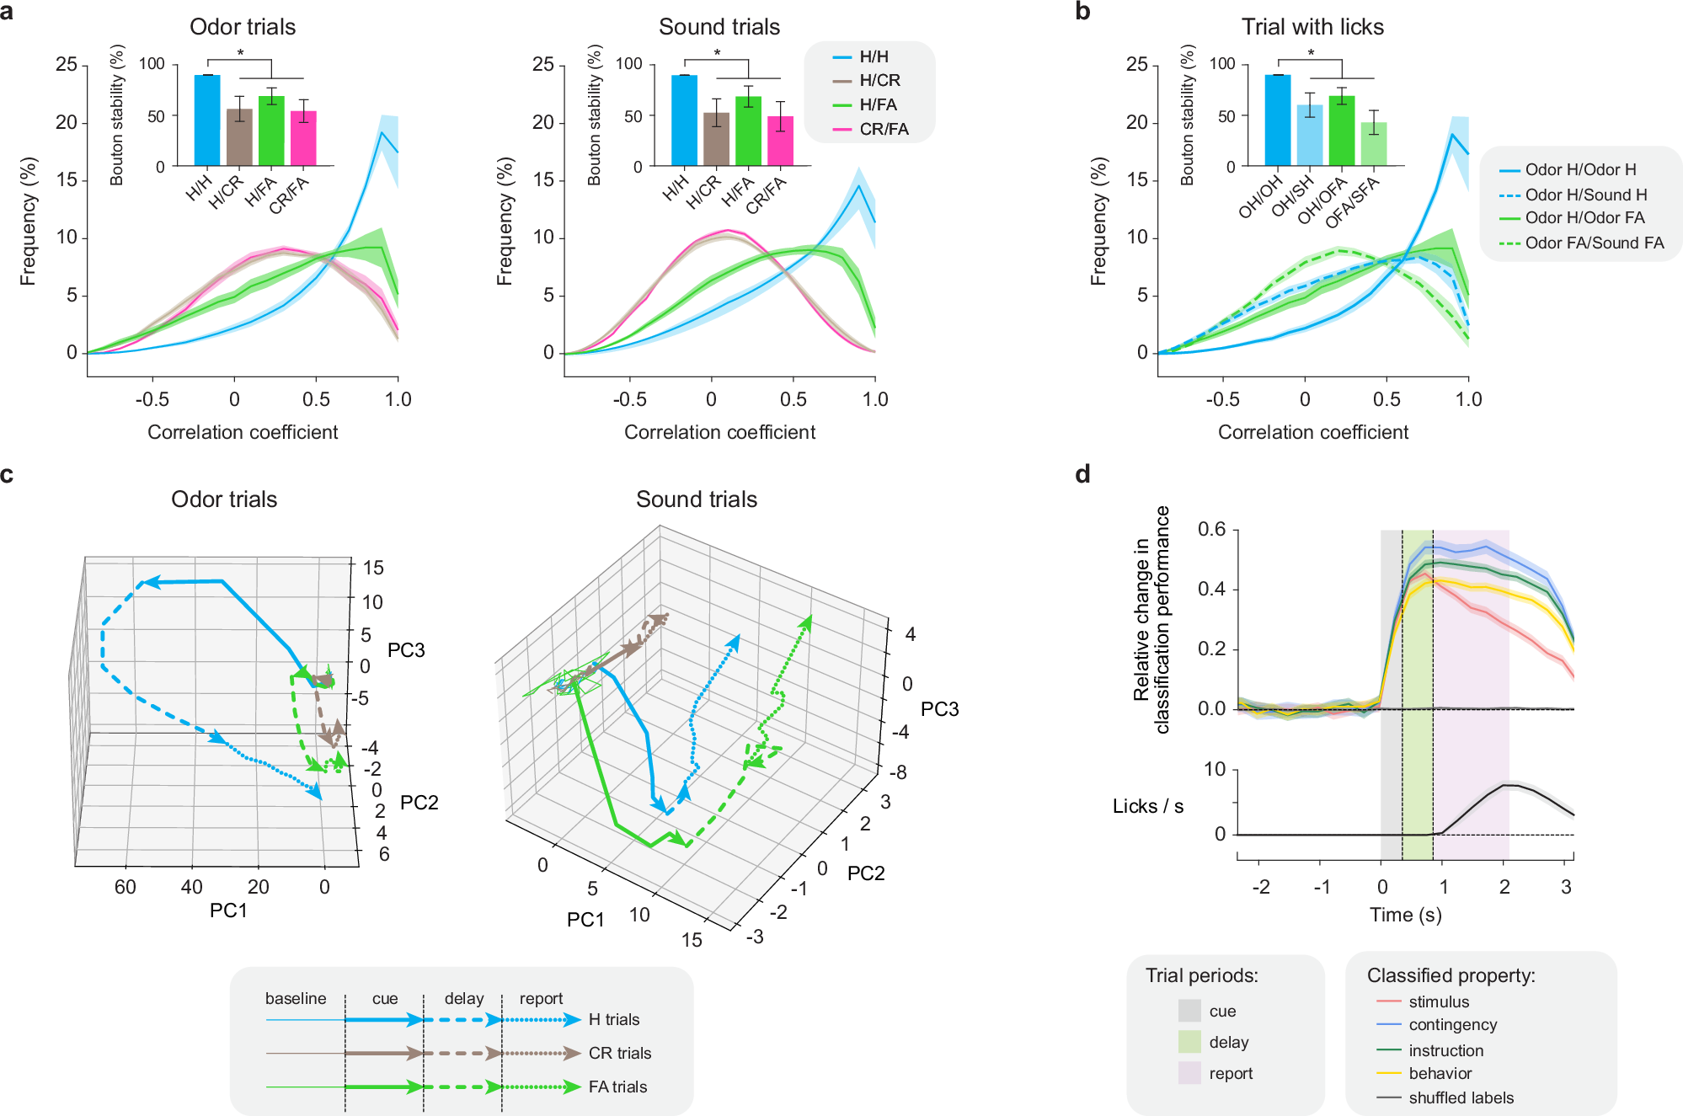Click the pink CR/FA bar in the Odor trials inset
(x=303, y=139)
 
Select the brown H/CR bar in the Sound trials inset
(x=716, y=139)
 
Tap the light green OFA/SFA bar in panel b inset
(x=1374, y=144)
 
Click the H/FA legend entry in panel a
(x=877, y=104)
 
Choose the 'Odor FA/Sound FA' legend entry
(x=1594, y=243)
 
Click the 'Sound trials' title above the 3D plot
(x=696, y=499)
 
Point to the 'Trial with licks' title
(x=1312, y=27)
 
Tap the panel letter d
(x=1082, y=474)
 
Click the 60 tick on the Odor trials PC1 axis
(x=125, y=887)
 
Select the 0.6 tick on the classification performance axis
(x=1211, y=530)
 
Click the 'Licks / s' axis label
(x=1147, y=806)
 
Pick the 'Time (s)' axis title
(x=1405, y=915)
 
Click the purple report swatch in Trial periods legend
(x=1189, y=1073)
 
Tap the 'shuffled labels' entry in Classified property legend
(x=1461, y=1097)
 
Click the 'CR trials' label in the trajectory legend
(x=620, y=1053)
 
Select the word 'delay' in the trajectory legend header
(x=464, y=998)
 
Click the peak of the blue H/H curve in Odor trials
(x=382, y=132)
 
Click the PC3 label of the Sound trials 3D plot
(x=939, y=709)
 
